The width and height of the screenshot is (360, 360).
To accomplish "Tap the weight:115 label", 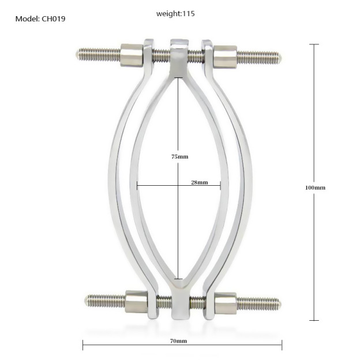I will (x=175, y=13).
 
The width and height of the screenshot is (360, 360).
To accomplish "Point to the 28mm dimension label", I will (x=199, y=182).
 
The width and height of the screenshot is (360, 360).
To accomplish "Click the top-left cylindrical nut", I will (x=132, y=55).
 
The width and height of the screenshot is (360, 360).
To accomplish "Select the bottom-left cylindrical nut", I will (x=137, y=301).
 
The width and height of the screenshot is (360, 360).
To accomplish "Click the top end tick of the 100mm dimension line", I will (x=314, y=44).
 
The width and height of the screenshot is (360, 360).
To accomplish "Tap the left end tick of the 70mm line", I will (x=83, y=346).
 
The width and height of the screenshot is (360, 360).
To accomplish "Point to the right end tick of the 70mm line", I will (x=282, y=346).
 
